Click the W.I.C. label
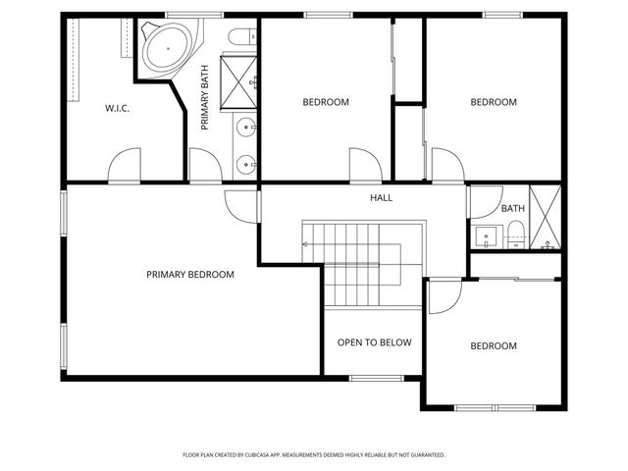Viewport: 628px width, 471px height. tap(118, 108)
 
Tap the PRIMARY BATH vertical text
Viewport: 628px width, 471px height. tap(205, 98)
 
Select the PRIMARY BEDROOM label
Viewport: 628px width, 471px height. tap(190, 275)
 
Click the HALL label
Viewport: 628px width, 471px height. tap(381, 198)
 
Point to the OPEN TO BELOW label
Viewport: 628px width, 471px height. tap(374, 342)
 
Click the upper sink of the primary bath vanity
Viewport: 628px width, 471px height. tap(245, 126)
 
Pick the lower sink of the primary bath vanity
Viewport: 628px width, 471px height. tap(245, 163)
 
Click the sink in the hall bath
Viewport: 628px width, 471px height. tap(484, 236)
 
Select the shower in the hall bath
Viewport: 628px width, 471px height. tap(544, 217)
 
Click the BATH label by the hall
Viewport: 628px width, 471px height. tap(512, 209)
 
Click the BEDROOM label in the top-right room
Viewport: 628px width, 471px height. tap(493, 102)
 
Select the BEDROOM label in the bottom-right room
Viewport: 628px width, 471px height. tap(493, 345)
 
